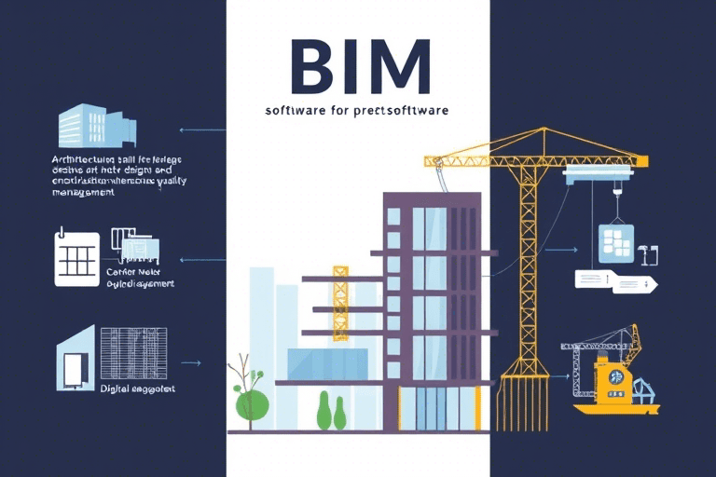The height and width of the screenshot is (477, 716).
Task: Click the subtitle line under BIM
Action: tap(357, 110)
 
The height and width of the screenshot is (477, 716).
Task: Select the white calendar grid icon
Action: tap(77, 256)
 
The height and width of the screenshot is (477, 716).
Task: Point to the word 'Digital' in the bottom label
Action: tap(117, 388)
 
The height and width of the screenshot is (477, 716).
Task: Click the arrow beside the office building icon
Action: tap(197, 130)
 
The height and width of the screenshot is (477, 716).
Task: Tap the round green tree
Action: tap(252, 403)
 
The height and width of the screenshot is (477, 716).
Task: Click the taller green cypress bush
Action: tap(324, 411)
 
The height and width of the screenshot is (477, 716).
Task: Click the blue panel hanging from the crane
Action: tap(616, 241)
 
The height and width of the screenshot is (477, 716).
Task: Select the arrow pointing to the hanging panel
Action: tap(560, 250)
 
